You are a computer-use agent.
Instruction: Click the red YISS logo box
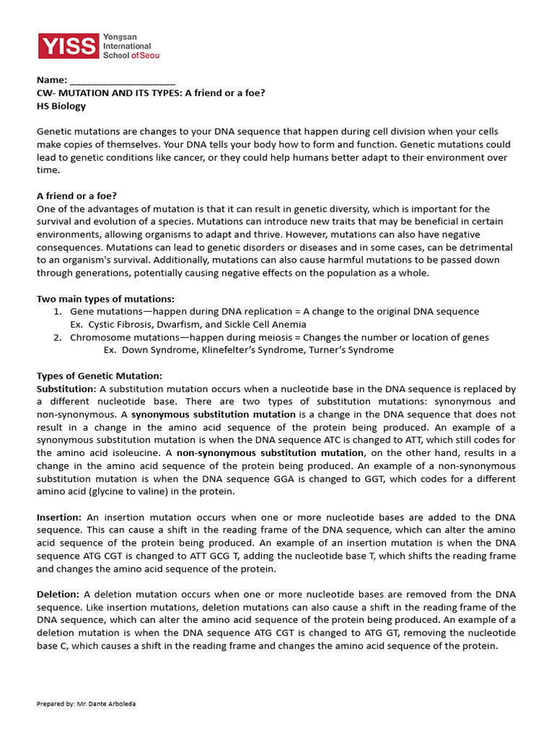pyautogui.click(x=68, y=46)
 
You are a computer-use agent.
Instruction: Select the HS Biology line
pyautogui.click(x=61, y=106)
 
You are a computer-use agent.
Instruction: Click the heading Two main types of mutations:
pyautogui.click(x=105, y=299)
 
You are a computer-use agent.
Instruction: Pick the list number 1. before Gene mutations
pyautogui.click(x=58, y=312)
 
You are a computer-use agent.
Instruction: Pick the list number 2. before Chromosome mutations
pyautogui.click(x=58, y=338)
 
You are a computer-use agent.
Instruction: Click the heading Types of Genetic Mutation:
pyautogui.click(x=100, y=376)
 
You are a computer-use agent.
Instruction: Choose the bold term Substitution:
pyautogui.click(x=66, y=389)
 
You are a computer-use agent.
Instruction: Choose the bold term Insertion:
pyautogui.click(x=60, y=517)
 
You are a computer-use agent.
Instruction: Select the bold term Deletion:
pyautogui.click(x=58, y=595)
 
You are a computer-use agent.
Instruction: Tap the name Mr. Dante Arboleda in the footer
pyautogui.click(x=107, y=704)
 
